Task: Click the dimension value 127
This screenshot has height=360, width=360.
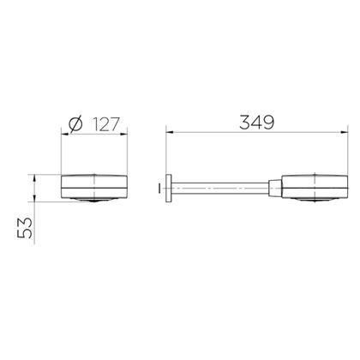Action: (x=105, y=124)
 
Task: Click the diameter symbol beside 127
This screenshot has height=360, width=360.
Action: (x=75, y=124)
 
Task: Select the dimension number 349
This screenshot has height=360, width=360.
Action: (x=256, y=122)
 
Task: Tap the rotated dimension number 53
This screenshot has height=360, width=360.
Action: (x=25, y=228)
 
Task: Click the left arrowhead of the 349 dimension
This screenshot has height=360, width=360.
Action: (x=170, y=132)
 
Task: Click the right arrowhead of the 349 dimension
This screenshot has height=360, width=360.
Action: (x=345, y=132)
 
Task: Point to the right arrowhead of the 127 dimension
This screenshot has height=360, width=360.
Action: (x=123, y=134)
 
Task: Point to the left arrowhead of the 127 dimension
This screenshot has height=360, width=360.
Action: (x=65, y=134)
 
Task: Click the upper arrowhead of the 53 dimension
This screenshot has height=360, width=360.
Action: (x=34, y=178)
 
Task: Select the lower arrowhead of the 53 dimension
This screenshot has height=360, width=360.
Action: (x=34, y=198)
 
